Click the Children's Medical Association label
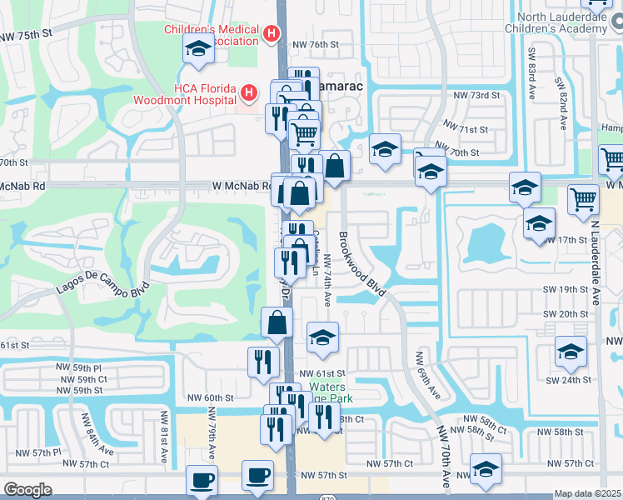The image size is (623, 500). pos(212,34)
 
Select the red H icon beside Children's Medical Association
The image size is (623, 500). pos(271,33)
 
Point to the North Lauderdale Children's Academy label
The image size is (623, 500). pos(562,22)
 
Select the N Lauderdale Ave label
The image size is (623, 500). pos(596,266)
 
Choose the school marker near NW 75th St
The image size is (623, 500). pos(198,50)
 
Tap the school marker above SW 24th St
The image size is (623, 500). pos(571,352)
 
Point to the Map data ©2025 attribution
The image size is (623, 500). pos(587,494)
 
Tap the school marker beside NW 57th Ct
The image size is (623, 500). pos(486,469)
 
